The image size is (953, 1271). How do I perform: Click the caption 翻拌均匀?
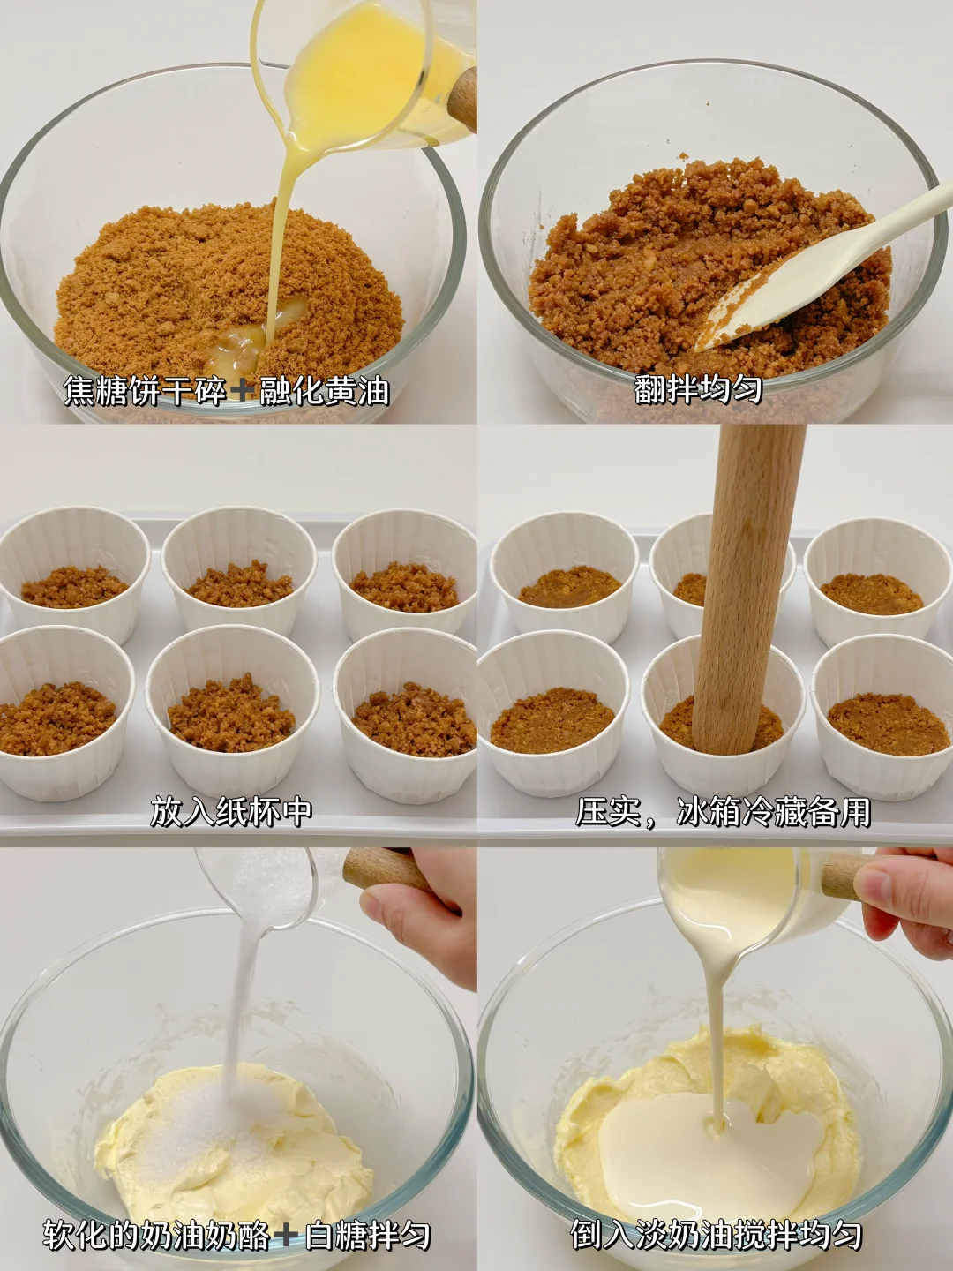(x=698, y=390)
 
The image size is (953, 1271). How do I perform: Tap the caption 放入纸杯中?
(x=231, y=812)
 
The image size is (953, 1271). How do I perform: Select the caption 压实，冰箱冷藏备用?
(x=724, y=812)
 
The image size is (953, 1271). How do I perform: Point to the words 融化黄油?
(x=324, y=391)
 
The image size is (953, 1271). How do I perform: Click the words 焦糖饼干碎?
(x=145, y=391)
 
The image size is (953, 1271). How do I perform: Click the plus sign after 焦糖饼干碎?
(x=243, y=391)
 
